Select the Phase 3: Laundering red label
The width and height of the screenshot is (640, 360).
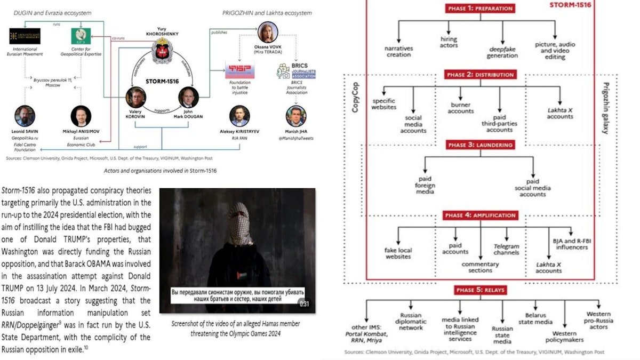tap(480, 145)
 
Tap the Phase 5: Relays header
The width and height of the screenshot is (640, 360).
tap(480, 290)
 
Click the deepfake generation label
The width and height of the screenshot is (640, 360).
tap(502, 52)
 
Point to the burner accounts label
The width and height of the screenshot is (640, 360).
tap(461, 108)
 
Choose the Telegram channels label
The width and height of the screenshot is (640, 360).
tap(506, 249)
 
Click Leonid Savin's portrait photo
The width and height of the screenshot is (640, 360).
tap(25, 115)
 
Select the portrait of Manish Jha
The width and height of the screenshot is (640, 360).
tap(295, 116)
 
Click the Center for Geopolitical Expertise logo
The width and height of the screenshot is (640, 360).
tap(81, 36)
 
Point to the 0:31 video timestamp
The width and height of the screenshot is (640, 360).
tap(305, 303)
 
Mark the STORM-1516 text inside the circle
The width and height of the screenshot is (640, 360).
tap(163, 82)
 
